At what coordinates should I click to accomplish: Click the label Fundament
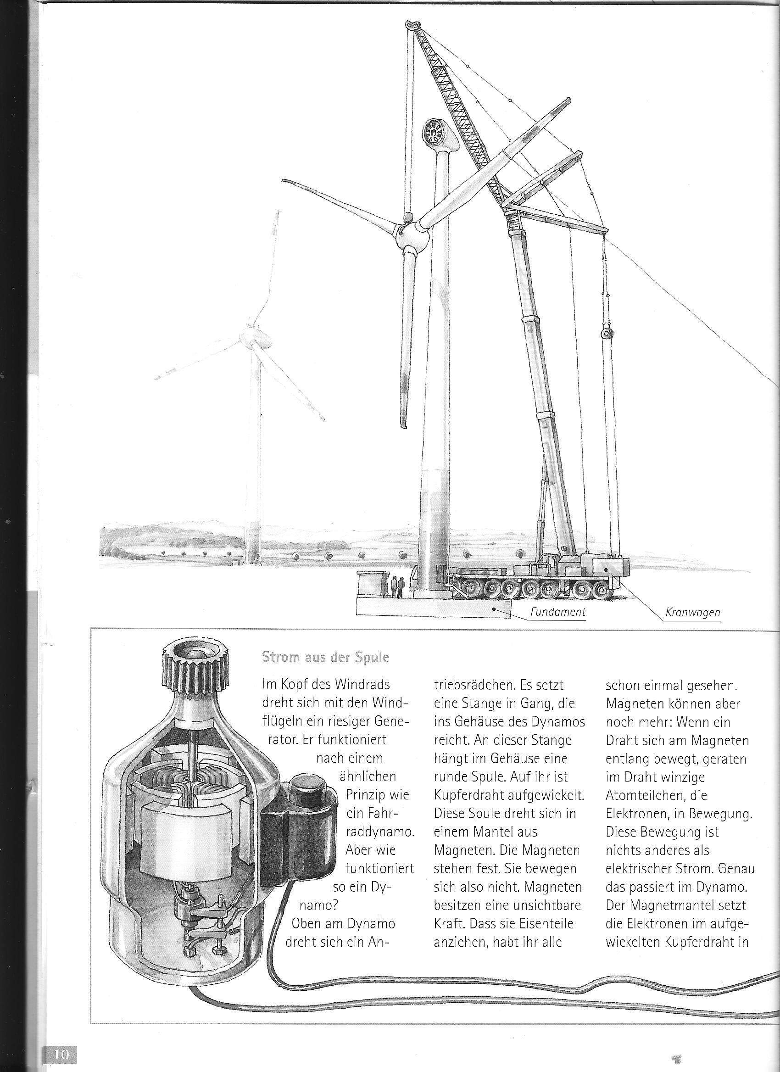[x=558, y=612]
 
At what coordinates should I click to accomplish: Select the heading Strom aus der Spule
[x=325, y=658]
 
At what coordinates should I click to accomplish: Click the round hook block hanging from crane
[x=606, y=334]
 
